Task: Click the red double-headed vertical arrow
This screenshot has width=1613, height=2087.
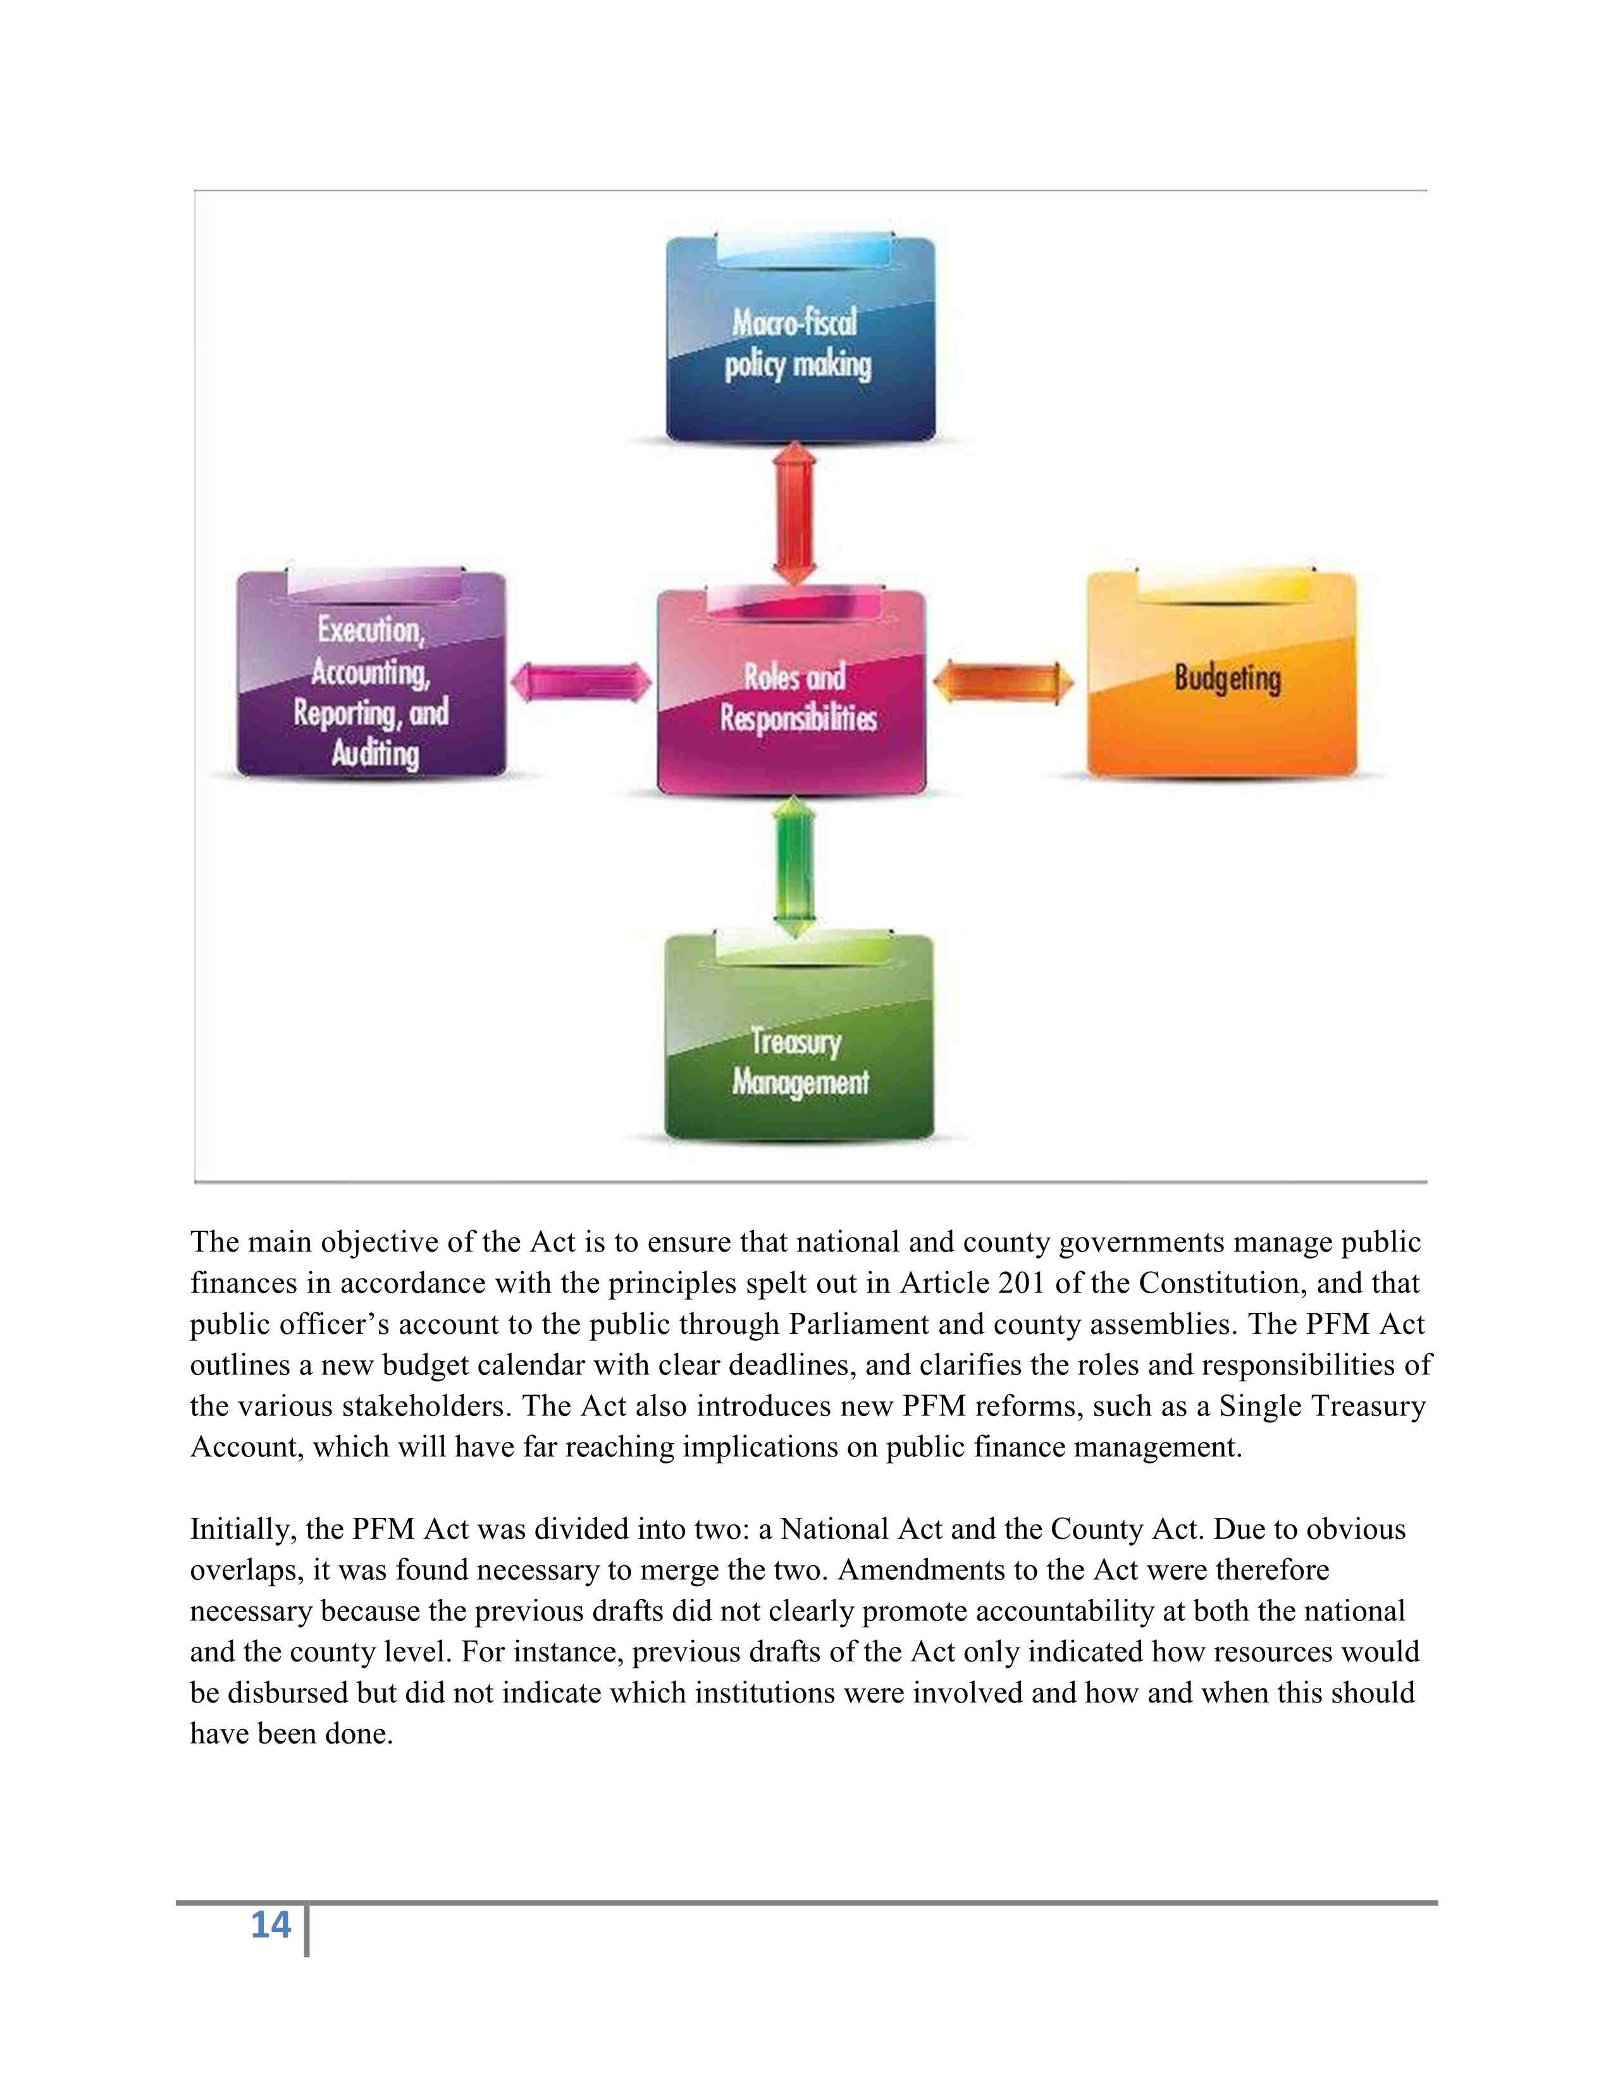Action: (x=795, y=514)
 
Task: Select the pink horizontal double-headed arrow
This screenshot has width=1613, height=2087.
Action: (x=581, y=682)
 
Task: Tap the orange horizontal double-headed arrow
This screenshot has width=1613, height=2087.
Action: (x=1003, y=682)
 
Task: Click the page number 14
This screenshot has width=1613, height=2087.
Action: (x=271, y=1924)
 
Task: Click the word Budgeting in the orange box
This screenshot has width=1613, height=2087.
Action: (x=1227, y=679)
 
